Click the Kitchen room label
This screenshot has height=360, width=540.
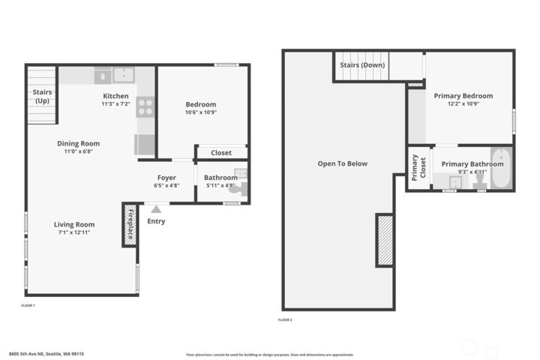tap(115, 96)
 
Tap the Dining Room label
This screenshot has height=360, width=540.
tap(79, 143)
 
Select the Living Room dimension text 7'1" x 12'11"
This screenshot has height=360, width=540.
tap(74, 232)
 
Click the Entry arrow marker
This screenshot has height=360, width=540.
tap(156, 210)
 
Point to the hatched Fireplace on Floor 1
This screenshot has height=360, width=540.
tap(129, 225)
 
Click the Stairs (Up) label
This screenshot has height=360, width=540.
tap(42, 96)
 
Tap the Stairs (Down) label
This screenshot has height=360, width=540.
tap(361, 65)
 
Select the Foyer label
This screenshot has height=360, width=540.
tap(166, 178)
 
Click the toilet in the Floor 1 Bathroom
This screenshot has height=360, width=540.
tap(238, 189)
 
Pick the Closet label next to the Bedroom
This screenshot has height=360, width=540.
tap(221, 153)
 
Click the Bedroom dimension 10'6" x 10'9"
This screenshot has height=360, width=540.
tap(200, 112)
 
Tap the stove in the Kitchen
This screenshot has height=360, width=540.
tap(145, 107)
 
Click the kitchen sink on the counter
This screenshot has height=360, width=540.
tap(123, 74)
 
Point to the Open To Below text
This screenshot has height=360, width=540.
tap(342, 163)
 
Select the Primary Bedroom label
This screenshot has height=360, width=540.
tap(463, 96)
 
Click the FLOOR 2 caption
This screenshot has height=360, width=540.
tap(285, 320)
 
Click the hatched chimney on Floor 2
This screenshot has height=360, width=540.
tap(385, 240)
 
